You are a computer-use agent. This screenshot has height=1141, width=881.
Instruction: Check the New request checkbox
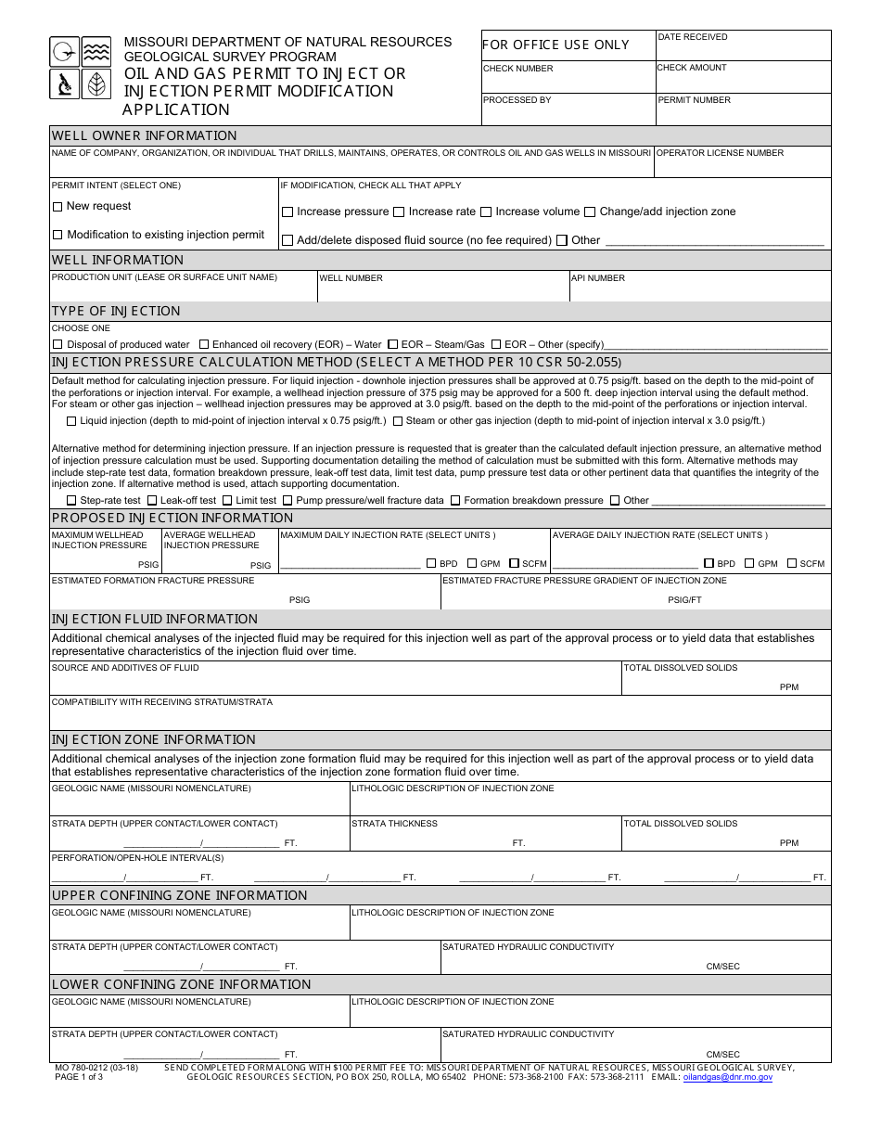coord(57,207)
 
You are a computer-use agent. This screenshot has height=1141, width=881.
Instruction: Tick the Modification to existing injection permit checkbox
coord(57,236)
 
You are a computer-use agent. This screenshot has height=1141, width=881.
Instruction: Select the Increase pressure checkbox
coord(287,212)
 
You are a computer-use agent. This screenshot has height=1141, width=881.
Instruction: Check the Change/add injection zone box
coord(590,212)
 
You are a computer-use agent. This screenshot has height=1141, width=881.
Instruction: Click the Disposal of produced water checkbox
coord(58,344)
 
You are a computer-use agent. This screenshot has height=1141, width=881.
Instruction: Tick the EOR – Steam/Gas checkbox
coord(393,344)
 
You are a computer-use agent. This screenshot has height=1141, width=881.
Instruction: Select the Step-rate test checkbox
coord(71,501)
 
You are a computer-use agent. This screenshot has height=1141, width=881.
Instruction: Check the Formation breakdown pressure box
coord(455,501)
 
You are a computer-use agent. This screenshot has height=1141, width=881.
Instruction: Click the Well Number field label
coord(351,278)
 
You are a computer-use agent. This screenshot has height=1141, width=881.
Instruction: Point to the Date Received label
coord(693,37)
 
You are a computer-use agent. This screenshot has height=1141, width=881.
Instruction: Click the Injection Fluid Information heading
coord(154,619)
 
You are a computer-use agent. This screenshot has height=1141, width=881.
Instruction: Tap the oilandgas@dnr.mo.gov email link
coord(727,1077)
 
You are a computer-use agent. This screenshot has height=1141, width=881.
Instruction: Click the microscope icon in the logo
coord(65,84)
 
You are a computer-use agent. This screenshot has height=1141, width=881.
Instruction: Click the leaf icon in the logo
coord(96,84)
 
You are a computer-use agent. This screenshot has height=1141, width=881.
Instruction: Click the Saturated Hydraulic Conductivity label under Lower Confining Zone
coord(528,1034)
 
